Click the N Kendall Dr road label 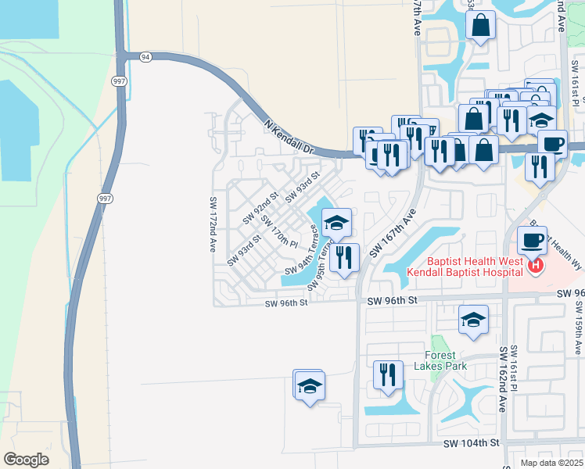coord(289,136)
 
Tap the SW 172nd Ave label coord(212,223)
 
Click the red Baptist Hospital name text coord(465,267)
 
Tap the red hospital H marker coord(536,267)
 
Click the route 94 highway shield coord(145,57)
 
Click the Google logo coord(26,459)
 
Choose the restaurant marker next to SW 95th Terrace coord(344,258)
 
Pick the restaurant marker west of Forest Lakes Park coord(387,375)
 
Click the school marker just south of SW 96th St coord(473,320)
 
